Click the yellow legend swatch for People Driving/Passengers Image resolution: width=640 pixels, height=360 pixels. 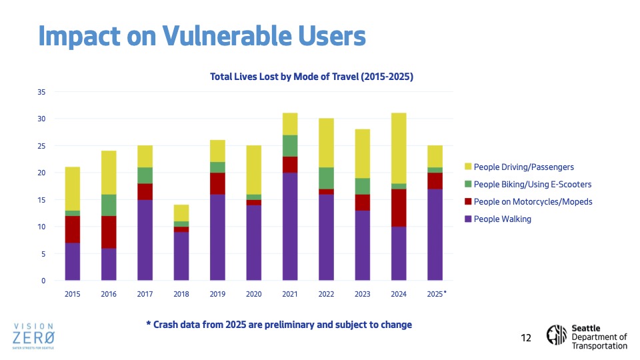pos(467,166)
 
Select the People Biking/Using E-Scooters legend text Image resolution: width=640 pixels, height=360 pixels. pos(532,184)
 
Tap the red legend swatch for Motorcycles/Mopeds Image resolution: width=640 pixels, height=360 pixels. pos(467,201)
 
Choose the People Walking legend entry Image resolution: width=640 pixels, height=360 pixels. pos(502,219)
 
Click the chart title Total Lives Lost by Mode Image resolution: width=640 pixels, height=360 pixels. pos(311,77)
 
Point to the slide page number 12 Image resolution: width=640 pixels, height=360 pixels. pos(526,339)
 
